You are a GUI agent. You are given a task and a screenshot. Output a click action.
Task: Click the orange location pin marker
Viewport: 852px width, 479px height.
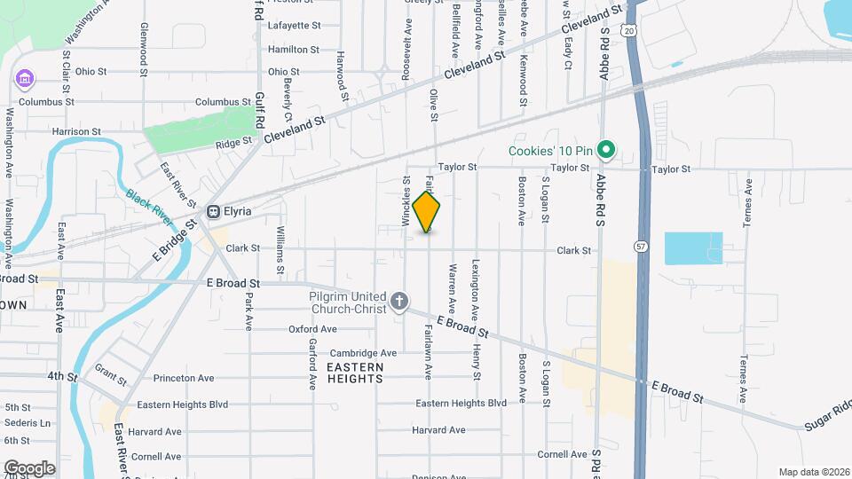pos(427,211)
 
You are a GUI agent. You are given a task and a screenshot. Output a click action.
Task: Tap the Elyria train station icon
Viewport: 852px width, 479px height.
pos(213,211)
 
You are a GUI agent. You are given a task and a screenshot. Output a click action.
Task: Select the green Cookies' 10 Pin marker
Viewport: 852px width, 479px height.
pos(607,150)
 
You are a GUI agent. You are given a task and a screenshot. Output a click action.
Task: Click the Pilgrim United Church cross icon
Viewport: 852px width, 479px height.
pos(399,302)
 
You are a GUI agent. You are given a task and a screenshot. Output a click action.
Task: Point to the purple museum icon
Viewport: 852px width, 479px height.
pos(24,81)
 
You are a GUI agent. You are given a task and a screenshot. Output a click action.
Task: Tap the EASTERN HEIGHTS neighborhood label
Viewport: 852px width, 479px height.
pos(355,373)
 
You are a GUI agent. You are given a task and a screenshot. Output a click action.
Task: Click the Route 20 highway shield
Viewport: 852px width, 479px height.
pos(629,31)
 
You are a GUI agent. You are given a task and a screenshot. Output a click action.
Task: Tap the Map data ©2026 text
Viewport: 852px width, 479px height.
pos(813,472)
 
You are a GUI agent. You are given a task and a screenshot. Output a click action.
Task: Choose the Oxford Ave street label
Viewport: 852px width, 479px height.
pos(312,329)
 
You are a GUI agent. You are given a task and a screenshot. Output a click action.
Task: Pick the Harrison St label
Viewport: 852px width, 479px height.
pos(76,131)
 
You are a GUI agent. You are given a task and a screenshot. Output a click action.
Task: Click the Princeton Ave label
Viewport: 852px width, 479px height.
pos(184,378)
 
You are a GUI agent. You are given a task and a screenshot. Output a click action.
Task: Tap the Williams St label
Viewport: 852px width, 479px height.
pos(280,248)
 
